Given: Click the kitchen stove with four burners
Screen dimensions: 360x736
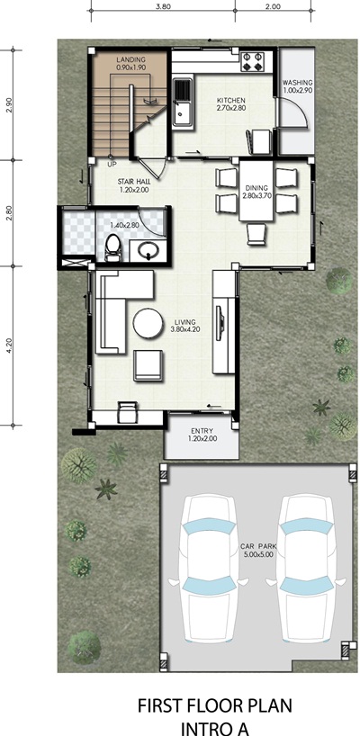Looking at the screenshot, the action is pyautogui.click(x=253, y=62).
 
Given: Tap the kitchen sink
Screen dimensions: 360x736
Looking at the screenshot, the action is pyautogui.click(x=182, y=102).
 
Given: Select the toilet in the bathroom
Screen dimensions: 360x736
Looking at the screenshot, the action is pyautogui.click(x=112, y=247).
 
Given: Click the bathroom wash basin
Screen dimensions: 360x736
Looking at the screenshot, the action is pyautogui.click(x=148, y=250).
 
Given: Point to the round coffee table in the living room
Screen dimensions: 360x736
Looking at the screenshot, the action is pyautogui.click(x=148, y=323).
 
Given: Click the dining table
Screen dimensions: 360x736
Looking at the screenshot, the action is pyautogui.click(x=256, y=190).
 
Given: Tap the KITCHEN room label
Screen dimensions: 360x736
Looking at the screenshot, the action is pyautogui.click(x=231, y=101).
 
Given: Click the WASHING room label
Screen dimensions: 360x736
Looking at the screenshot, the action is pyautogui.click(x=298, y=83).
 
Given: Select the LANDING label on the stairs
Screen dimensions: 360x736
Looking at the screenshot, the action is pyautogui.click(x=131, y=60).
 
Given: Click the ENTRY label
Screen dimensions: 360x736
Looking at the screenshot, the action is pyautogui.click(x=202, y=431).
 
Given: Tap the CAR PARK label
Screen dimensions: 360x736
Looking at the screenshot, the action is pyautogui.click(x=258, y=547).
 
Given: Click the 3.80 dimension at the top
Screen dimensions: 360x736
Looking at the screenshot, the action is pyautogui.click(x=162, y=6).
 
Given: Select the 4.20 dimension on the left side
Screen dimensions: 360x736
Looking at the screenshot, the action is pyautogui.click(x=10, y=346).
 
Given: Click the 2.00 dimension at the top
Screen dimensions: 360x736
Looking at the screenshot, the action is pyautogui.click(x=273, y=6).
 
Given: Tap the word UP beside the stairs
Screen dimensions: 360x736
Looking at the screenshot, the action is pyautogui.click(x=112, y=165).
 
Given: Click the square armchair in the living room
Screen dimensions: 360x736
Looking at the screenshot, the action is pyautogui.click(x=148, y=365).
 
